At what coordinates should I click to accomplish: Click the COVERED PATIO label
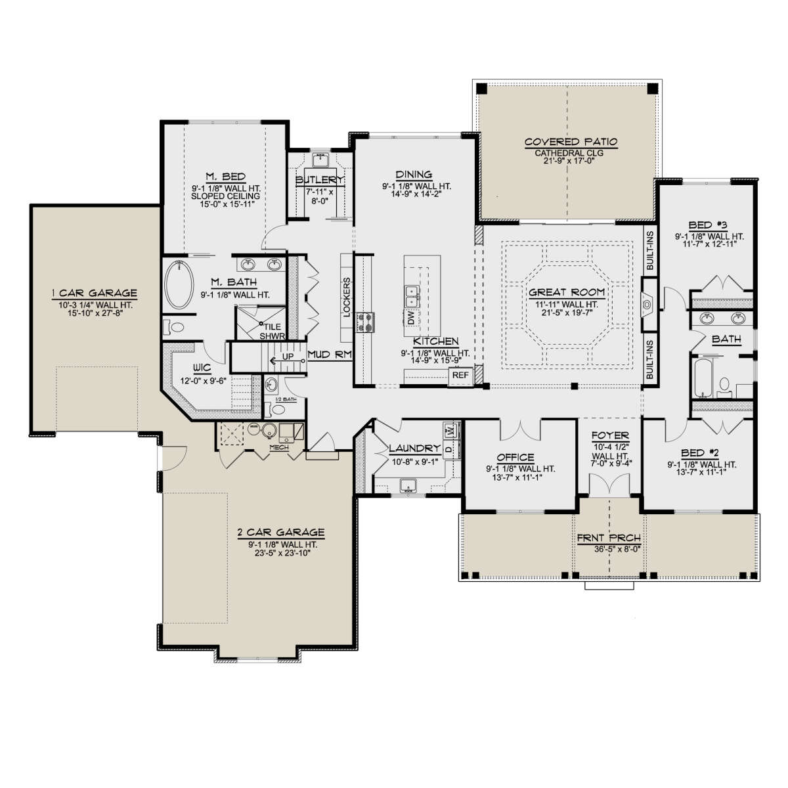click(x=571, y=142)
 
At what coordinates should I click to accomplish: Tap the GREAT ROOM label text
click(x=566, y=292)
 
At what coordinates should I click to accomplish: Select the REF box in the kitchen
click(x=460, y=375)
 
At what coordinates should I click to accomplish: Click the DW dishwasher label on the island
click(x=411, y=318)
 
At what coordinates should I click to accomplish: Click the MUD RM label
click(x=330, y=355)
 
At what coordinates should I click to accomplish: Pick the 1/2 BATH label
click(x=286, y=399)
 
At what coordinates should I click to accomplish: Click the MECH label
click(x=279, y=447)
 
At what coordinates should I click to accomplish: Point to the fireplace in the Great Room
click(x=647, y=305)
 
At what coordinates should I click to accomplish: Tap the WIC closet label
click(x=202, y=368)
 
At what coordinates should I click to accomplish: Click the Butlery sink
click(x=321, y=160)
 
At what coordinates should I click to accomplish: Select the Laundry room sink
click(x=408, y=485)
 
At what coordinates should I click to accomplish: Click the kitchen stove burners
click(x=366, y=322)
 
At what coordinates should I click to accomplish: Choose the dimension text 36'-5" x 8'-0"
click(x=617, y=549)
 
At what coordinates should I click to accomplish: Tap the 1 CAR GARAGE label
click(x=95, y=293)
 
